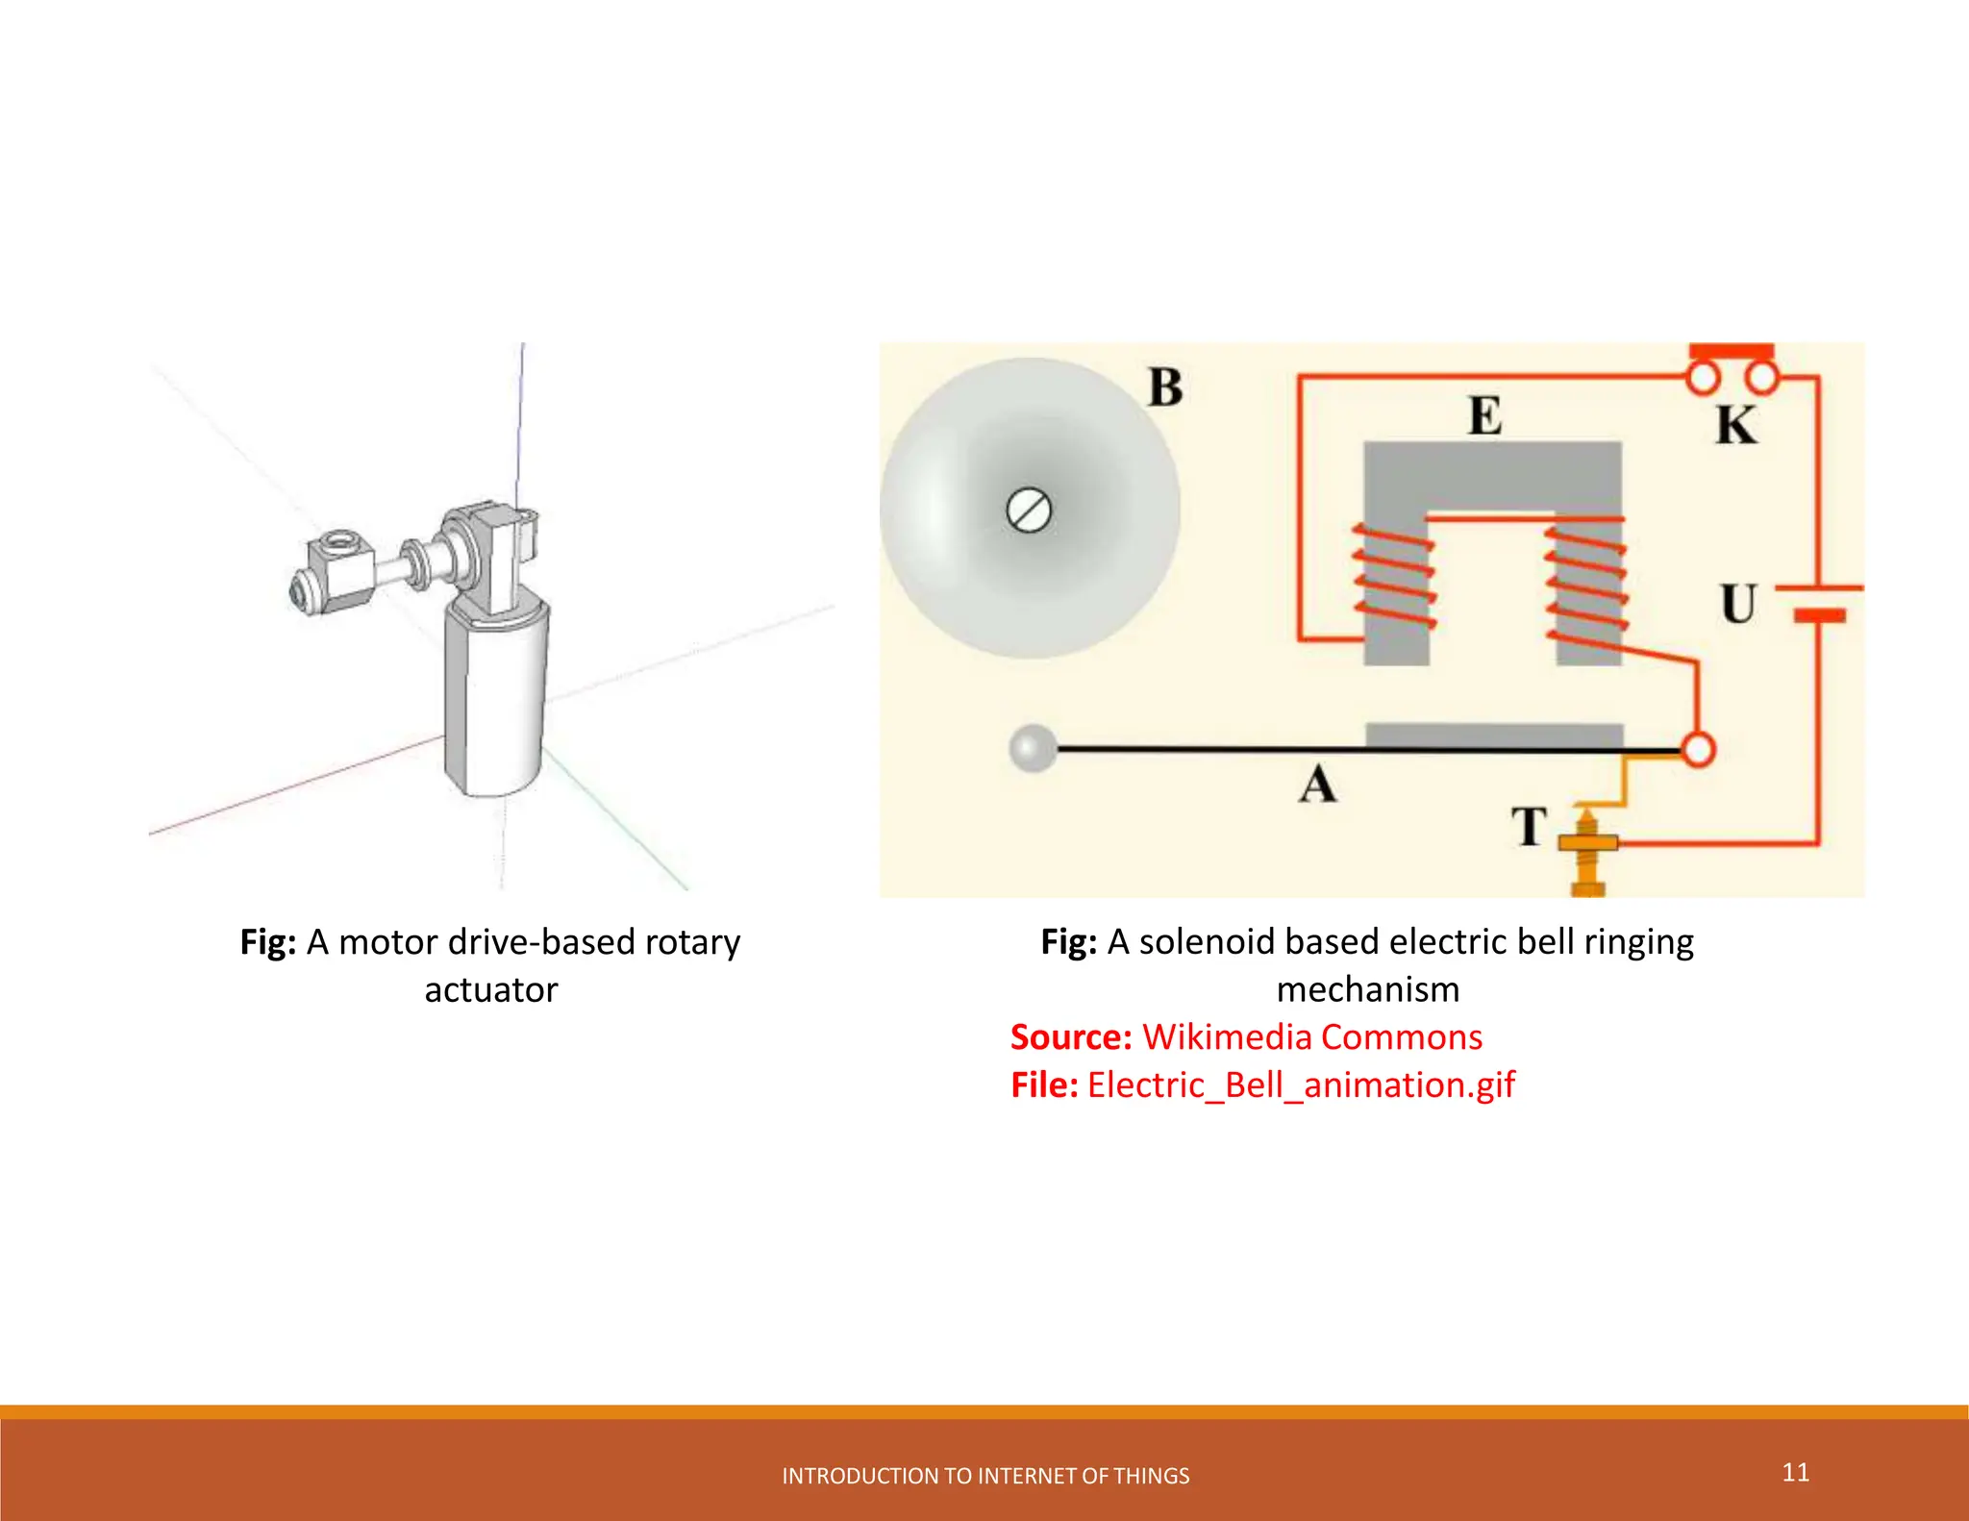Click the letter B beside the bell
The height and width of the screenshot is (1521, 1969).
[1165, 387]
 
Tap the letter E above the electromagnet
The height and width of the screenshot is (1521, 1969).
[1484, 416]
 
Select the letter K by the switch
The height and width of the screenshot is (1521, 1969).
[1736, 425]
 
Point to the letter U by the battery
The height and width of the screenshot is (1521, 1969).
[1737, 604]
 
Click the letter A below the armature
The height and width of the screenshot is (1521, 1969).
[1317, 784]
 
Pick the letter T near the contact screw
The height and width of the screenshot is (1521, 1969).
[1529, 827]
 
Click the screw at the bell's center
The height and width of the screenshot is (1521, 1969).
[1029, 510]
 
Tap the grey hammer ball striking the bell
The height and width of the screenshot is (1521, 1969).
[1033, 748]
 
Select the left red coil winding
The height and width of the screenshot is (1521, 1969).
[1395, 577]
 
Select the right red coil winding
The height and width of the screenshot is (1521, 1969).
[1586, 582]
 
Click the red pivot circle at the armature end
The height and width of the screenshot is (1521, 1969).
[1698, 749]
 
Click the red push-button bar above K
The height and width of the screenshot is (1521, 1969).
[1732, 351]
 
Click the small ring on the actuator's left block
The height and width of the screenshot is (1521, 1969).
[338, 545]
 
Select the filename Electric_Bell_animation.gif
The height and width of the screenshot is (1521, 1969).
[1300, 1085]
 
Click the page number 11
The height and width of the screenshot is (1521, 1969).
[1795, 1472]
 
